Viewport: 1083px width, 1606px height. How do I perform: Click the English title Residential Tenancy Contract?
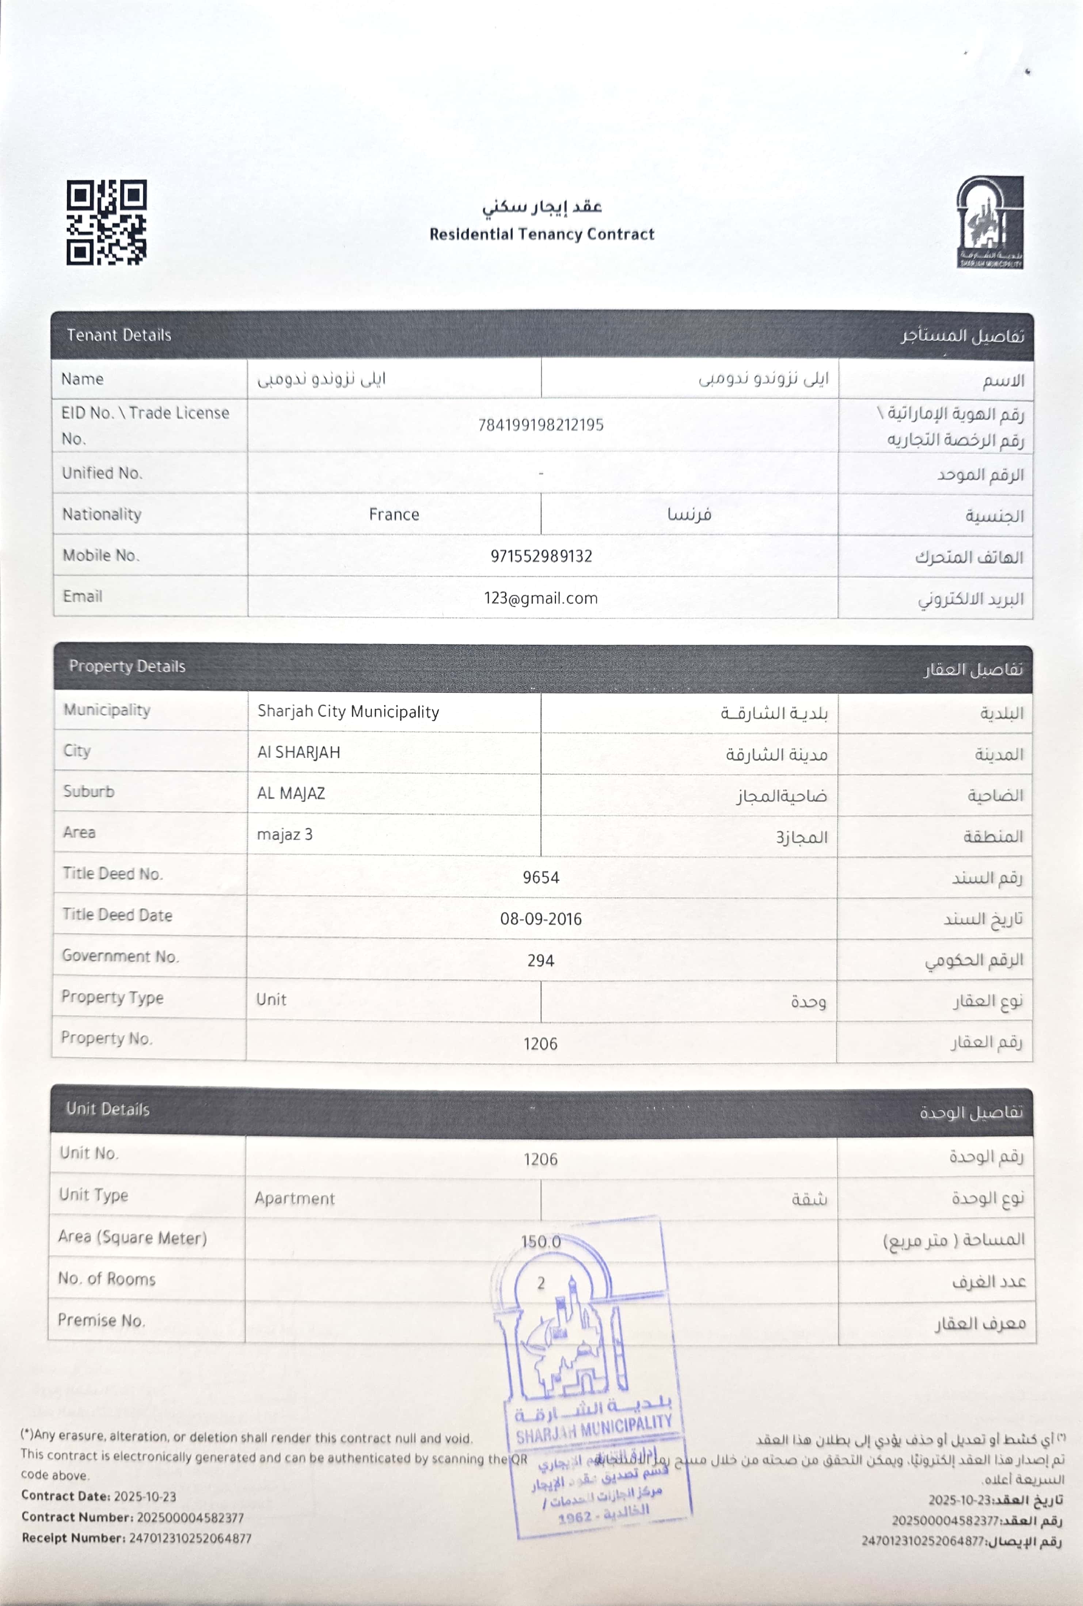(x=541, y=234)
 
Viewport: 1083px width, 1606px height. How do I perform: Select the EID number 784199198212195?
(x=541, y=425)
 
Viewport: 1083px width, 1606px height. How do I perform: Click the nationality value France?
(x=394, y=514)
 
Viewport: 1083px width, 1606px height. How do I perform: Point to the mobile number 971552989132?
(x=541, y=556)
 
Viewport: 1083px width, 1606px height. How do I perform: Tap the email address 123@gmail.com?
(x=541, y=598)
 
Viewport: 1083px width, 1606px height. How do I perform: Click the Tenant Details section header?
(x=119, y=335)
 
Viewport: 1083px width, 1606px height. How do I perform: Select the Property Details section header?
(x=127, y=666)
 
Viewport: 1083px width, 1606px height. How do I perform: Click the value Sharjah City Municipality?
(x=348, y=712)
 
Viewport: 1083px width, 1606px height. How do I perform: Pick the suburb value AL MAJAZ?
(x=291, y=794)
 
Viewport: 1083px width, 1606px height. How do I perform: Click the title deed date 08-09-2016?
(x=541, y=919)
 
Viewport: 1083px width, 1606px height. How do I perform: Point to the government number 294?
(x=541, y=960)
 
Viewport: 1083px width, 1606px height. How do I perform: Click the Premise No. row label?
(x=101, y=1320)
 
